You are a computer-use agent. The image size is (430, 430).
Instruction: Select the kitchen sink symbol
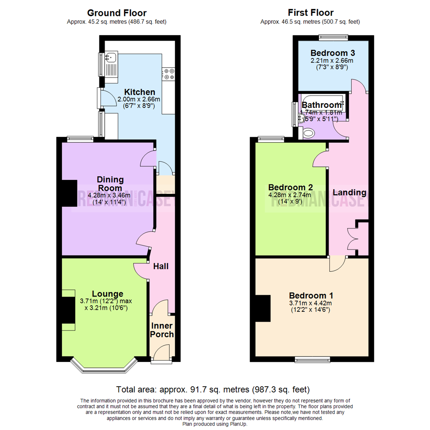(x=111, y=57)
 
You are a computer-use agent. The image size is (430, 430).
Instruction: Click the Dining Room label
(x=110, y=184)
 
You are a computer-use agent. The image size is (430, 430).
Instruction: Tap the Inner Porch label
(x=162, y=330)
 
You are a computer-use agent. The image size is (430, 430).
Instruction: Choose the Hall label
(x=161, y=266)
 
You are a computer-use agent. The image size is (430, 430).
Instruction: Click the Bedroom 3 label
(x=333, y=53)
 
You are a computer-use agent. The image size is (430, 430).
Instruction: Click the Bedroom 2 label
(x=290, y=187)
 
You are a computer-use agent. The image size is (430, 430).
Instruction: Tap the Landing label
(x=349, y=192)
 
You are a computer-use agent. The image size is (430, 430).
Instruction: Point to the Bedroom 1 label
(x=311, y=296)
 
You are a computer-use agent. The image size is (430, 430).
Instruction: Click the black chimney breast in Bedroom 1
(x=263, y=308)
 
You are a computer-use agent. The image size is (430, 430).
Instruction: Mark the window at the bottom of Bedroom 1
(x=312, y=359)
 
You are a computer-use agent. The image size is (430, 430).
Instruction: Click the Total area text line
(x=213, y=389)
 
